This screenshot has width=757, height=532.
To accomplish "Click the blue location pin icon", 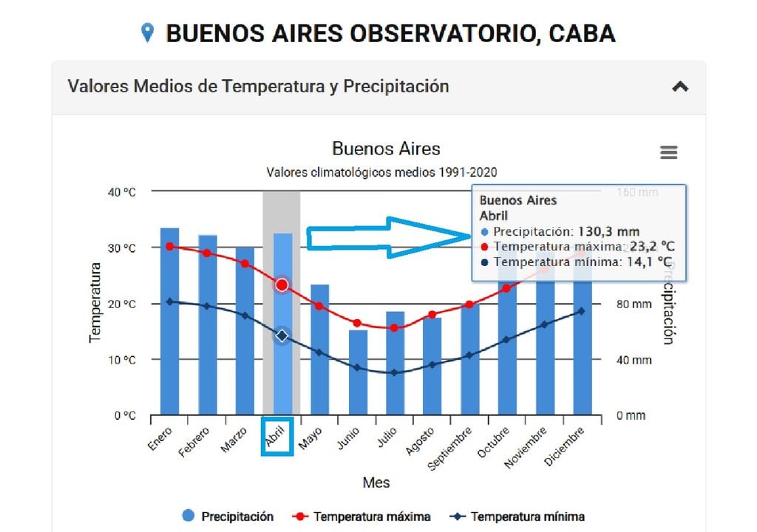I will tap(148, 33).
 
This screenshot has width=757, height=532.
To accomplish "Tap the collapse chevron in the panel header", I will tap(680, 86).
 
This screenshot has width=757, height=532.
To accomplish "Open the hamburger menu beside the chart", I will tap(668, 152).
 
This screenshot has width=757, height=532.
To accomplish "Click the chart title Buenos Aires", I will tap(386, 149).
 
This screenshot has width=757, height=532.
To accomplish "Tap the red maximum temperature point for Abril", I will tap(282, 285).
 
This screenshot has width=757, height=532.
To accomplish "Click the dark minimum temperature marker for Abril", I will tap(282, 336).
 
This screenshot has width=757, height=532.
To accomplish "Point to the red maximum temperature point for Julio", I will tap(394, 327).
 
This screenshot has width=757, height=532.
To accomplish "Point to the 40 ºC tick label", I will tap(118, 192).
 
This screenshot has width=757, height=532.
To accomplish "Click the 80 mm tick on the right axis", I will tap(634, 304).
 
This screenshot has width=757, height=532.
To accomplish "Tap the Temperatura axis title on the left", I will tap(95, 303).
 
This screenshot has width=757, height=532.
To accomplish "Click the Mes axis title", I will tap(376, 482).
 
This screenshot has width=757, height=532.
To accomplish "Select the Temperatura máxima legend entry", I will tap(362, 516).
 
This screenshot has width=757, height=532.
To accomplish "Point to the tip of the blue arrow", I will tap(468, 237).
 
